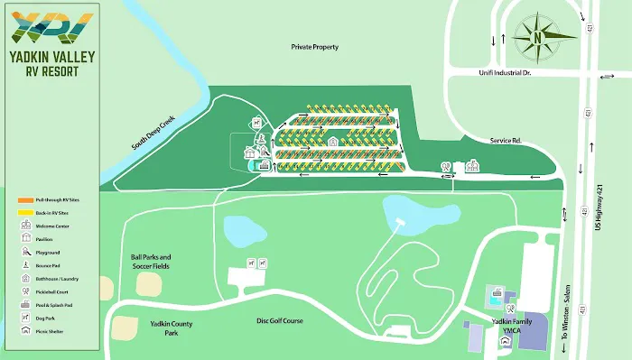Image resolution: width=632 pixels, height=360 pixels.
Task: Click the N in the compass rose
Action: tap(536, 38)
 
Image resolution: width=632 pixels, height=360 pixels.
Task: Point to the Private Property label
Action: tap(314, 47)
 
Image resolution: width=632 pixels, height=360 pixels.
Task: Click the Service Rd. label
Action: tap(483, 139)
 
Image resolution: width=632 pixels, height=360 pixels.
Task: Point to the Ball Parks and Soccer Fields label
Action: tap(150, 263)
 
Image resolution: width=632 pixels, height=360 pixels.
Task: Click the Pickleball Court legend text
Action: tap(51, 292)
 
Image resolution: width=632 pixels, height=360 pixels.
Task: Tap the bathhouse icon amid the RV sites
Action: tap(332, 141)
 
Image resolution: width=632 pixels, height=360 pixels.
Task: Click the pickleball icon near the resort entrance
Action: tap(445, 166)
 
